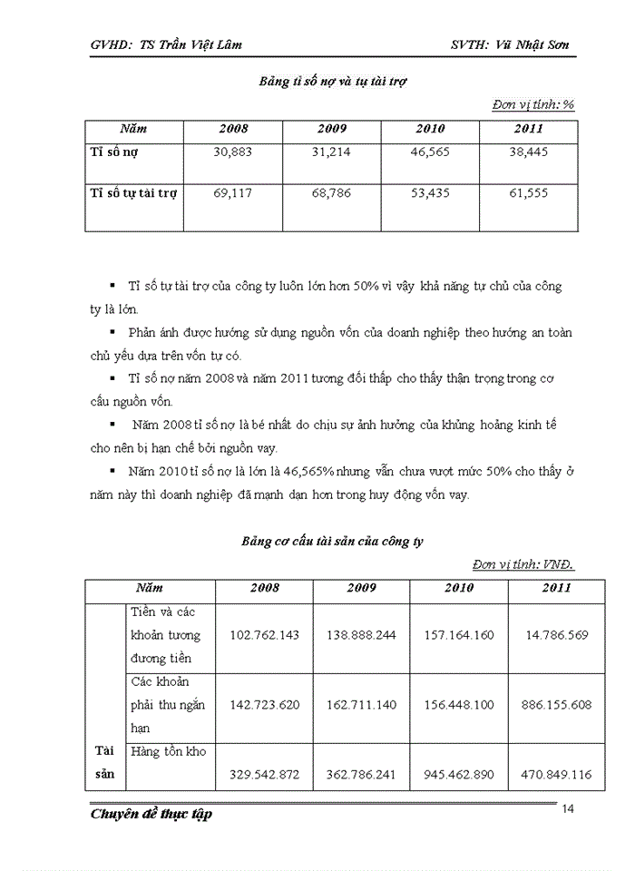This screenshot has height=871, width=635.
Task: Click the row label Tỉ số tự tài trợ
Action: (135, 193)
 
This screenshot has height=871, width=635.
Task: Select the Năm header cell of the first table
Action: (134, 129)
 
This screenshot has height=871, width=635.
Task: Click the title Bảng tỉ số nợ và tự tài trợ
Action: (332, 81)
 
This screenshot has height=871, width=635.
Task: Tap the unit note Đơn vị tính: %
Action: (533, 104)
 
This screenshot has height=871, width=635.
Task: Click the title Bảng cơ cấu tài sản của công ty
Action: (332, 541)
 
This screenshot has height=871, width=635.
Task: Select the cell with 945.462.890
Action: (459, 774)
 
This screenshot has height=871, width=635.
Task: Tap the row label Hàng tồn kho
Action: (168, 751)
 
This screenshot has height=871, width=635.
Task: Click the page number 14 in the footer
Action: (569, 809)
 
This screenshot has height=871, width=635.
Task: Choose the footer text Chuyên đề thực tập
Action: (151, 814)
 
